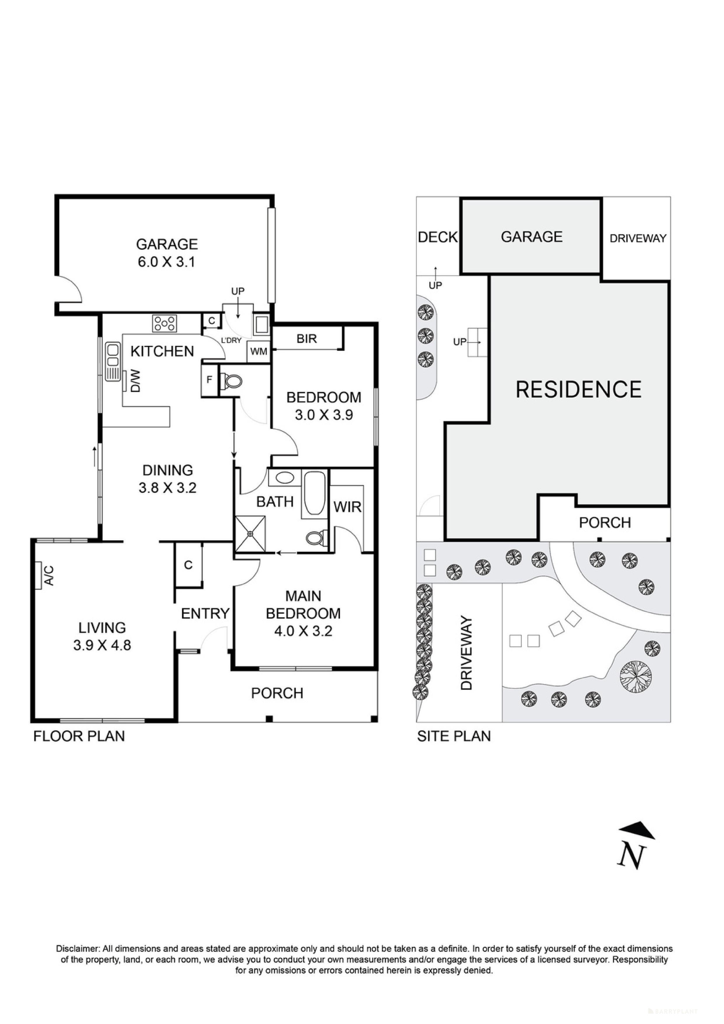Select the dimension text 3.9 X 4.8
(x=102, y=645)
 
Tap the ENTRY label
(x=205, y=614)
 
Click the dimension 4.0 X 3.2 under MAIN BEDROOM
(x=303, y=631)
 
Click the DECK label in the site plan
(x=438, y=237)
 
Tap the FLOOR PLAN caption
(x=79, y=736)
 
